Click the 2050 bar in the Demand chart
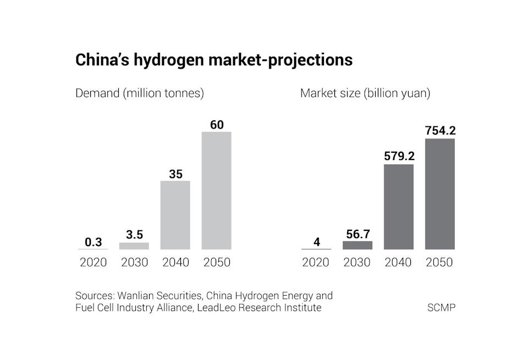pyautogui.click(x=216, y=190)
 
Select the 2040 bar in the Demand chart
pyautogui.click(x=175, y=215)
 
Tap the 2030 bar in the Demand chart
pyautogui.click(x=134, y=246)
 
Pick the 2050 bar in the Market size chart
pyautogui.click(x=439, y=193)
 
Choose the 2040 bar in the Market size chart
pyautogui.click(x=398, y=207)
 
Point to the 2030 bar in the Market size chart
pyautogui.click(x=357, y=245)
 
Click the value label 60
pyautogui.click(x=217, y=125)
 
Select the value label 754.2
pyautogui.click(x=440, y=131)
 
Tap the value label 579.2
pyautogui.click(x=399, y=157)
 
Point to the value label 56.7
pyautogui.click(x=358, y=234)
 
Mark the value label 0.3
pyautogui.click(x=93, y=242)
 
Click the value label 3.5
pyautogui.click(x=134, y=235)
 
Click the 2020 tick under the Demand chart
pyautogui.click(x=93, y=262)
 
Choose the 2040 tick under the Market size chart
pyautogui.click(x=398, y=262)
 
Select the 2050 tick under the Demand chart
pyautogui.click(x=217, y=262)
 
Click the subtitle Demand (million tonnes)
pyautogui.click(x=139, y=93)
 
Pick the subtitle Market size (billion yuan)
pyautogui.click(x=365, y=93)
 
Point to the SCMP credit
pyautogui.click(x=441, y=308)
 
